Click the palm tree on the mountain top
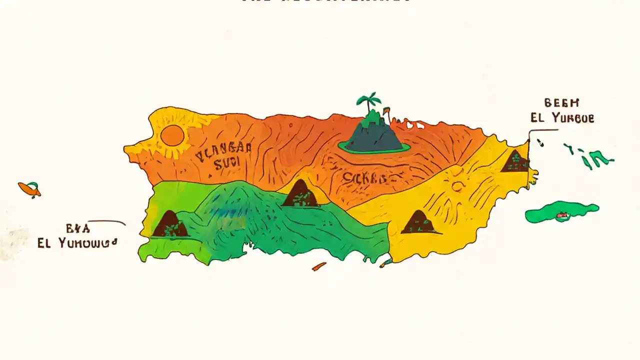[x=368, y=101]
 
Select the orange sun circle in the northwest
[x=172, y=135]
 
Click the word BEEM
[x=561, y=103]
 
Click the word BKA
[x=78, y=229]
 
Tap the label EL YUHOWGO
[x=76, y=244]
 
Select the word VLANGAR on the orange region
[x=224, y=152]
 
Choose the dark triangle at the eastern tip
[x=515, y=161]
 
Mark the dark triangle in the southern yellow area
[x=419, y=222]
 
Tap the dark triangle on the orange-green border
[x=300, y=193]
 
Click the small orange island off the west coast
[x=29, y=188]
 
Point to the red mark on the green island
[x=563, y=217]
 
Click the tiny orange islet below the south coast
[x=319, y=266]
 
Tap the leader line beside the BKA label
[x=107, y=221]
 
